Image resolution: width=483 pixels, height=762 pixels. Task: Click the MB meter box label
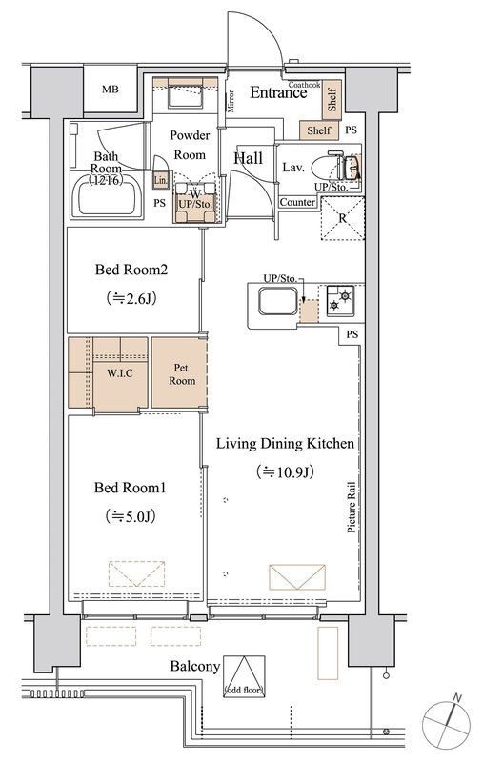[x=111, y=90]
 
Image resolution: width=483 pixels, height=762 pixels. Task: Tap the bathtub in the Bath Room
[x=108, y=196]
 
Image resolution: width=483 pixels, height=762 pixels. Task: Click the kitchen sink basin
[x=278, y=302]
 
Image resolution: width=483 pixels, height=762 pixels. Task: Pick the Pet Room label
[x=181, y=374]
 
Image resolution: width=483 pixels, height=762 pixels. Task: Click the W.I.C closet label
[x=119, y=373]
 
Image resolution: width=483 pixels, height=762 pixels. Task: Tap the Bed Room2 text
[x=131, y=270]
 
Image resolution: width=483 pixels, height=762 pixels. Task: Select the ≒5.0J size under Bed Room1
[x=131, y=516]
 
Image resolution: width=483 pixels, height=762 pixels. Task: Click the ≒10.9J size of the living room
[x=285, y=471]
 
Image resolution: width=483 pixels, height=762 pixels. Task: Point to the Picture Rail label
[x=352, y=508]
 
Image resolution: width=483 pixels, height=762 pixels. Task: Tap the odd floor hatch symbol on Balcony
[x=245, y=676]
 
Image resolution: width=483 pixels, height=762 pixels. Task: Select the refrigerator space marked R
[x=343, y=218]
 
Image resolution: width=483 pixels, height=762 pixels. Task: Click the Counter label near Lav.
[x=297, y=202]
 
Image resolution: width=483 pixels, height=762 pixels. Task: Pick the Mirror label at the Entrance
[x=231, y=101]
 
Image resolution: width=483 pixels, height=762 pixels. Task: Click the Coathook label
[x=304, y=85]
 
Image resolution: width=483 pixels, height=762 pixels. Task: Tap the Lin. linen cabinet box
[x=160, y=180]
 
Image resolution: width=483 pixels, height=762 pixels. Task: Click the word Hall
[x=249, y=158]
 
